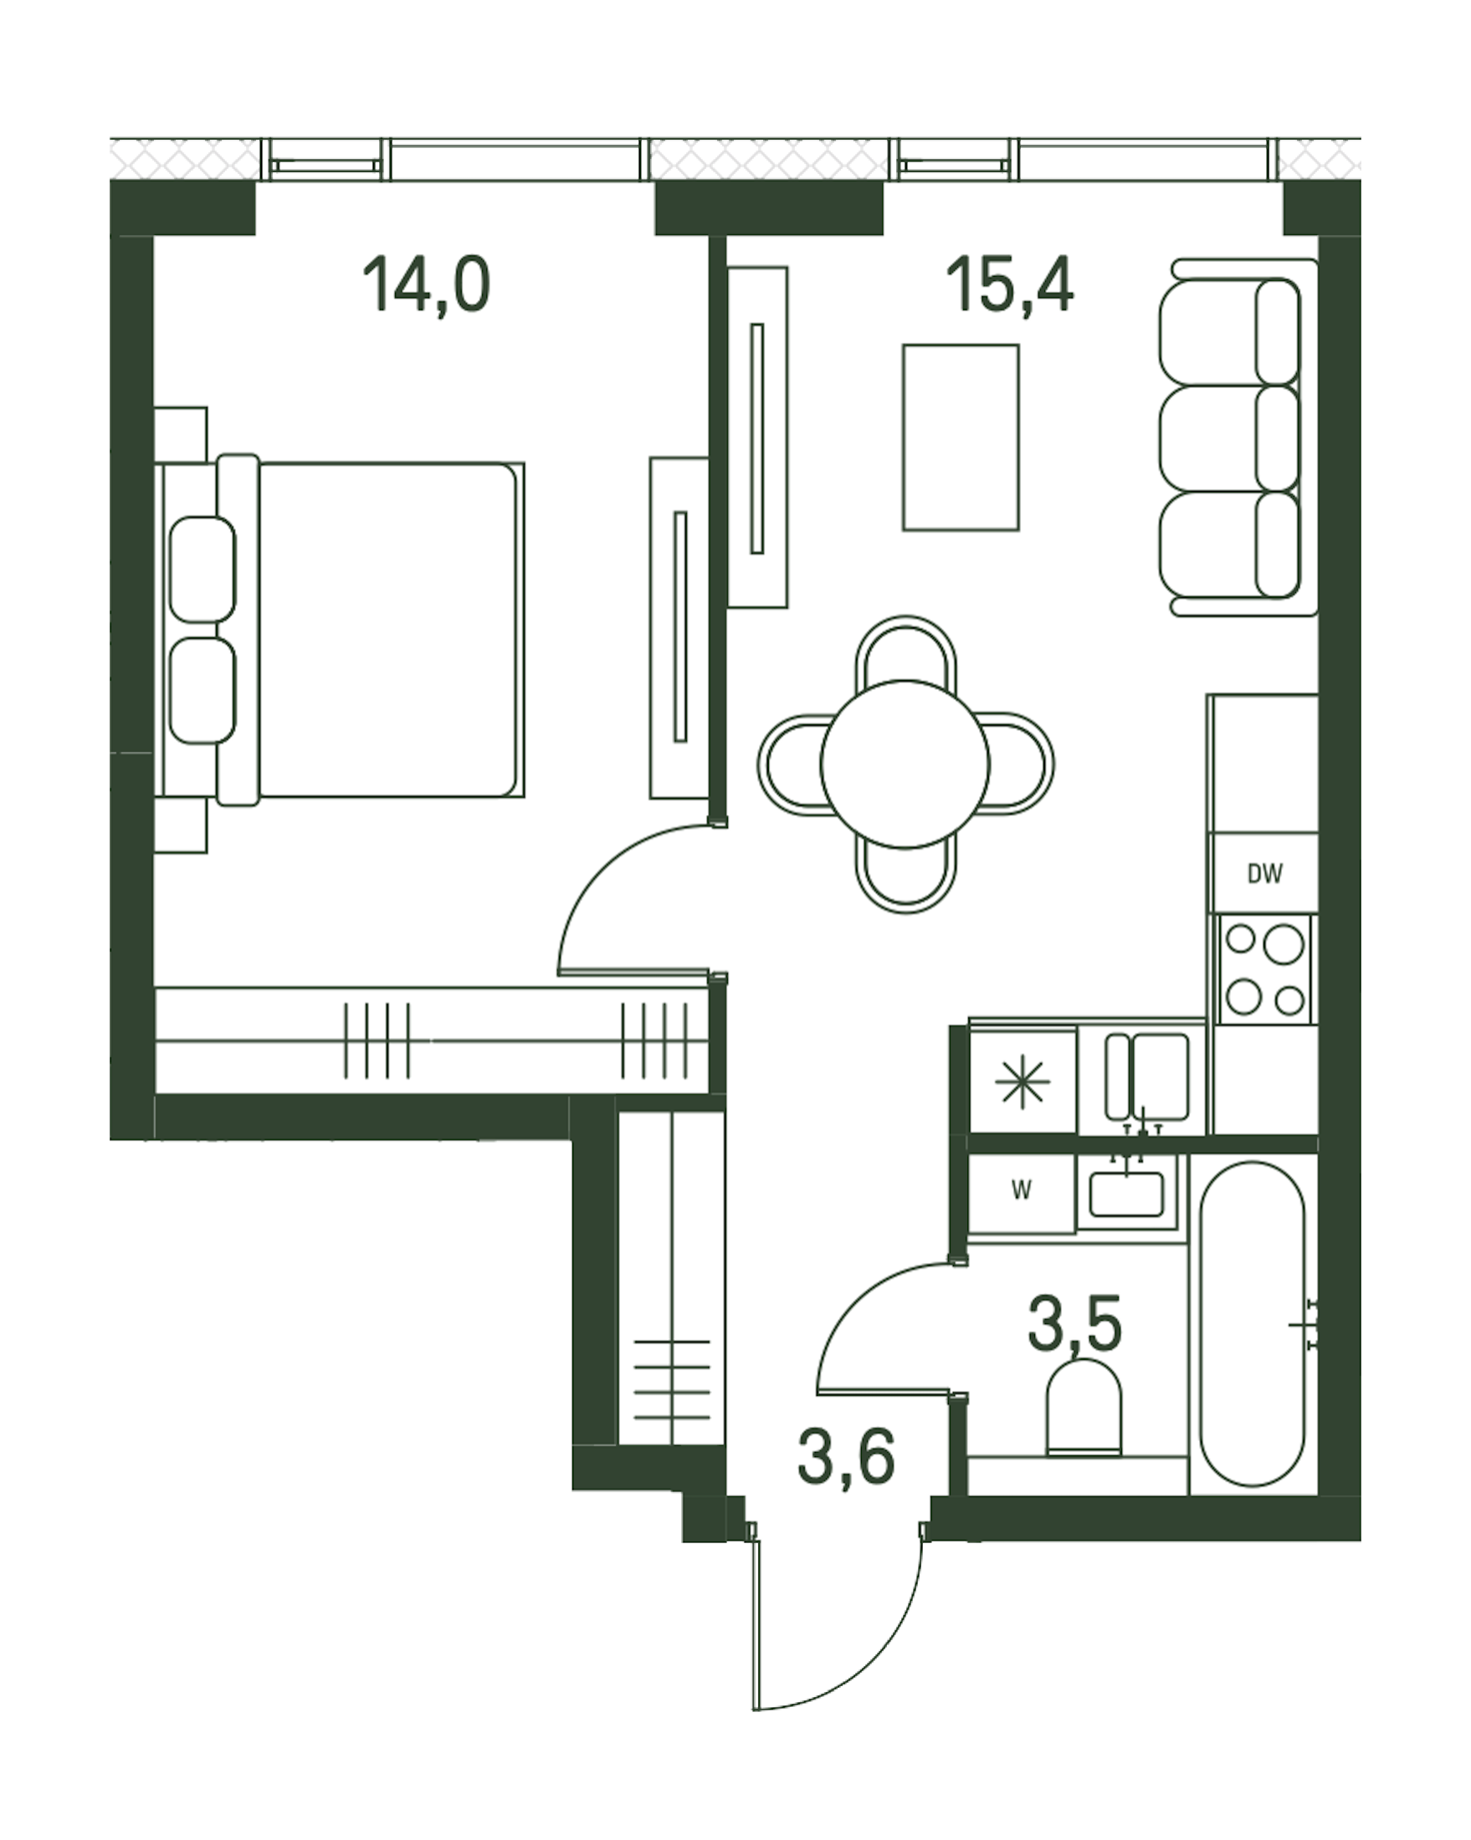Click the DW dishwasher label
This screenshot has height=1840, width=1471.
point(1264,873)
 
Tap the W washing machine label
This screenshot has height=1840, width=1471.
point(1021,1190)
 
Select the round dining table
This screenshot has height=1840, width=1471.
point(905,764)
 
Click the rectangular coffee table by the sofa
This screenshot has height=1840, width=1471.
point(961,437)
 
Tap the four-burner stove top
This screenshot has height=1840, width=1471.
point(1264,969)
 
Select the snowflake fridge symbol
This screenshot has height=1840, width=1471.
point(1022,1081)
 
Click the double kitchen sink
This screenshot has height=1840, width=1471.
point(1146,1077)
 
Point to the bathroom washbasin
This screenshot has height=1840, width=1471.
point(1127,1194)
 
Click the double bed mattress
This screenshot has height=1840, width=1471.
point(388,630)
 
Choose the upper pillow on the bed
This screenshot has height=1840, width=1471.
point(202,570)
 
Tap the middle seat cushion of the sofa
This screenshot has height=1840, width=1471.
point(1228,437)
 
